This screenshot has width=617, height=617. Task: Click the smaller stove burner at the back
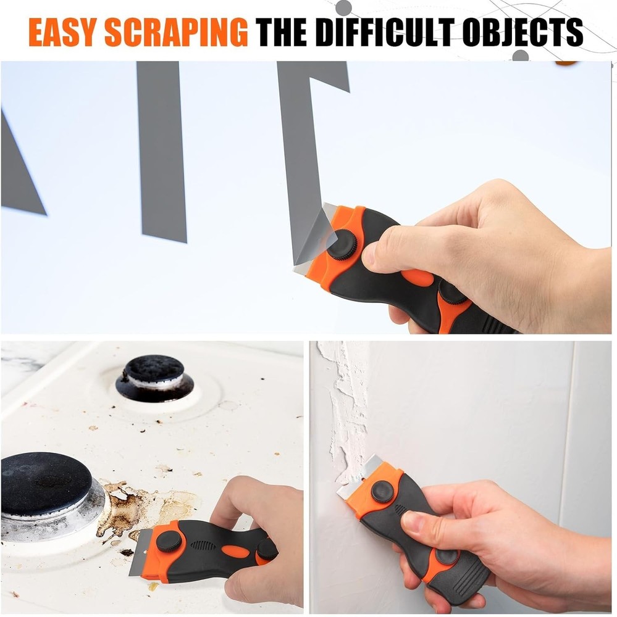[154, 376]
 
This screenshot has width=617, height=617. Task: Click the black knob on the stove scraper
[169, 541]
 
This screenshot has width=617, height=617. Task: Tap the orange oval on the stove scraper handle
[233, 550]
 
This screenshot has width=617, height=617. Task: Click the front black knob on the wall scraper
[383, 491]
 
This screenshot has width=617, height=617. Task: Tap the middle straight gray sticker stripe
[162, 151]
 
